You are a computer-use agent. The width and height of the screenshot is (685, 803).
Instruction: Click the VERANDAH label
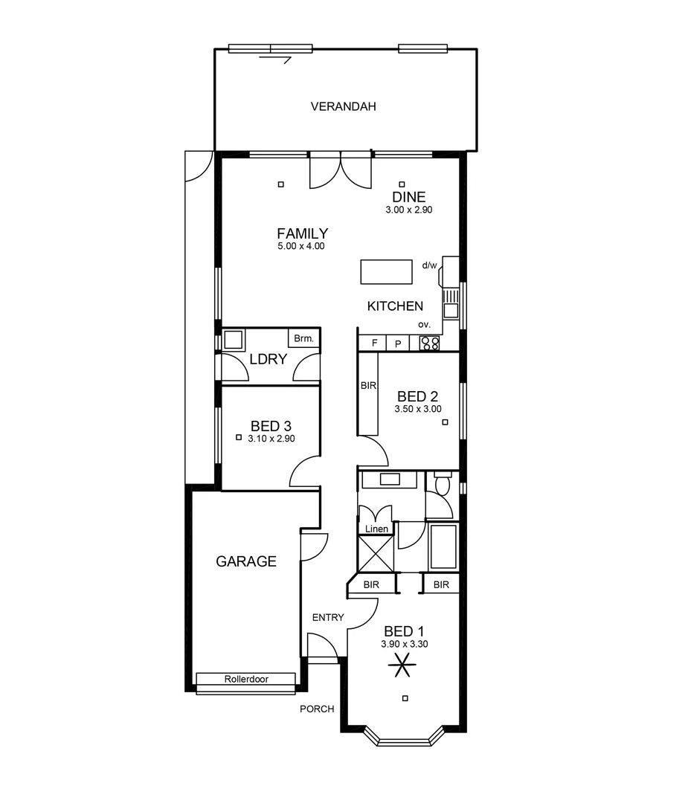(x=343, y=106)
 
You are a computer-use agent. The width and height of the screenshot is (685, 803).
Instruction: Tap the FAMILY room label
(x=302, y=233)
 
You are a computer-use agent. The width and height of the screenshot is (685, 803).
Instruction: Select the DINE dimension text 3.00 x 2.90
(x=408, y=210)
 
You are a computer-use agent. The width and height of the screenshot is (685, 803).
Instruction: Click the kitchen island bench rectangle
(x=386, y=271)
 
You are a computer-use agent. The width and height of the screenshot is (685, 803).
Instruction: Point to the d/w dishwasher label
(x=429, y=265)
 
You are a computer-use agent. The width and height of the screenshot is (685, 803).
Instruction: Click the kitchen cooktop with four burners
(x=429, y=344)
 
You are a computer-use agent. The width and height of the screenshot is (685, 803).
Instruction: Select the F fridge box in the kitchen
(x=374, y=344)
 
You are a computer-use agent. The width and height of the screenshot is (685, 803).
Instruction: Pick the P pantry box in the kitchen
(x=398, y=344)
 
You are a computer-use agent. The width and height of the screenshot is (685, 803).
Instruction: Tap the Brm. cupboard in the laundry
(x=303, y=338)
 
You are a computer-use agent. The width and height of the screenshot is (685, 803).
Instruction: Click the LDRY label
(x=268, y=359)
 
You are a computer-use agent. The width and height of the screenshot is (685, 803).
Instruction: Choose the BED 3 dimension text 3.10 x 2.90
(x=271, y=439)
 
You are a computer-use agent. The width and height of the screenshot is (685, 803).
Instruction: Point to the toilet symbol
(x=442, y=486)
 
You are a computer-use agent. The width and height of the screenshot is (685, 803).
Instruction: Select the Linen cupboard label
(x=376, y=529)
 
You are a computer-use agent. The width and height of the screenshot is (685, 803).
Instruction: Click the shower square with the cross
(x=375, y=552)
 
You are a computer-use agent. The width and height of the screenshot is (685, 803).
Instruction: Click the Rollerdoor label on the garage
(x=246, y=679)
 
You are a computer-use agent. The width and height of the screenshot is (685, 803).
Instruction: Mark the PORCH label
(x=317, y=709)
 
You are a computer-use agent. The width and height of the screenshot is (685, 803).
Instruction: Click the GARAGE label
(x=246, y=561)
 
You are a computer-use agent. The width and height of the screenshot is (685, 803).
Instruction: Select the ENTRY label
(x=327, y=617)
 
